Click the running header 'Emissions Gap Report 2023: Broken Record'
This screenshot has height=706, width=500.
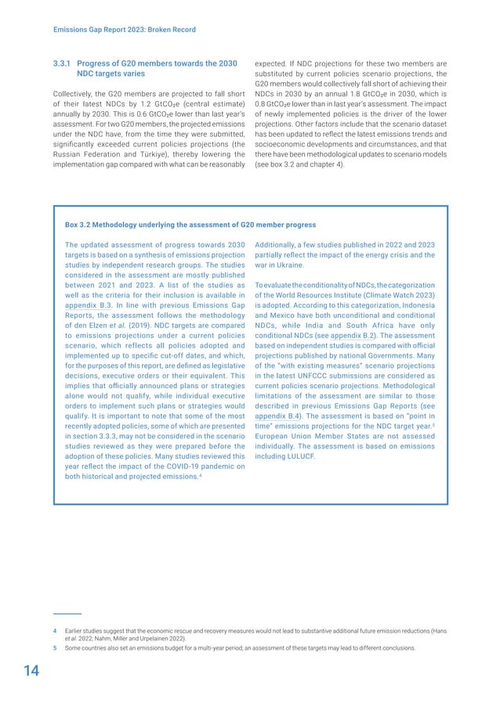pyautogui.click(x=124, y=30)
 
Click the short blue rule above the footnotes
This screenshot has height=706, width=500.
pyautogui.click(x=67, y=614)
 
